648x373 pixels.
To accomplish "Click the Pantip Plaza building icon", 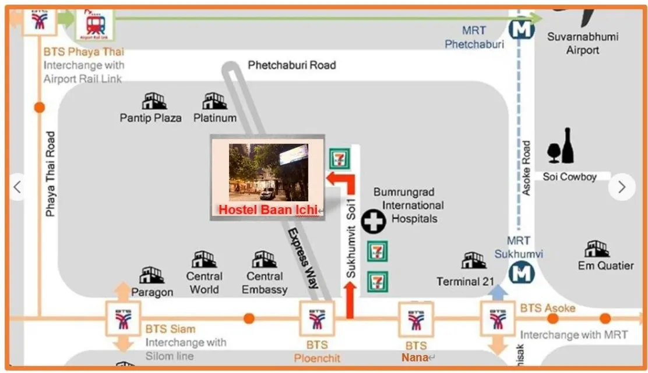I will coord(154,101).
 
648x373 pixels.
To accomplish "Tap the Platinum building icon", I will coord(214,101).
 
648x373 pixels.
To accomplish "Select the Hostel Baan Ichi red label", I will coord(268,209).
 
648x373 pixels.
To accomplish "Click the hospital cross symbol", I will coord(373,222).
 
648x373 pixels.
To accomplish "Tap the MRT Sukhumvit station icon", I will coord(521,272).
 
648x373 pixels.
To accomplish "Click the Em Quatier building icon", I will coord(597,249).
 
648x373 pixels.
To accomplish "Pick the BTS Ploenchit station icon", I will coord(316,318).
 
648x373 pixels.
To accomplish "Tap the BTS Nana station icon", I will coord(416,318).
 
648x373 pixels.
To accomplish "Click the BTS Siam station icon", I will coord(123,318).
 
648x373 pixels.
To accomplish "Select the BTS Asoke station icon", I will coord(497,318).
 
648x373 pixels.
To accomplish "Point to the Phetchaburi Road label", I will coord(292,65).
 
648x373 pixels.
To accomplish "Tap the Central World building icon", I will coord(204,260).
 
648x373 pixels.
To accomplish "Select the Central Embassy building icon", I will coord(264,260).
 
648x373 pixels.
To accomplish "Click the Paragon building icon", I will coord(152,275).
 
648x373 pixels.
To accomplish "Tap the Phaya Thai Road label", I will coord(51,173).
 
